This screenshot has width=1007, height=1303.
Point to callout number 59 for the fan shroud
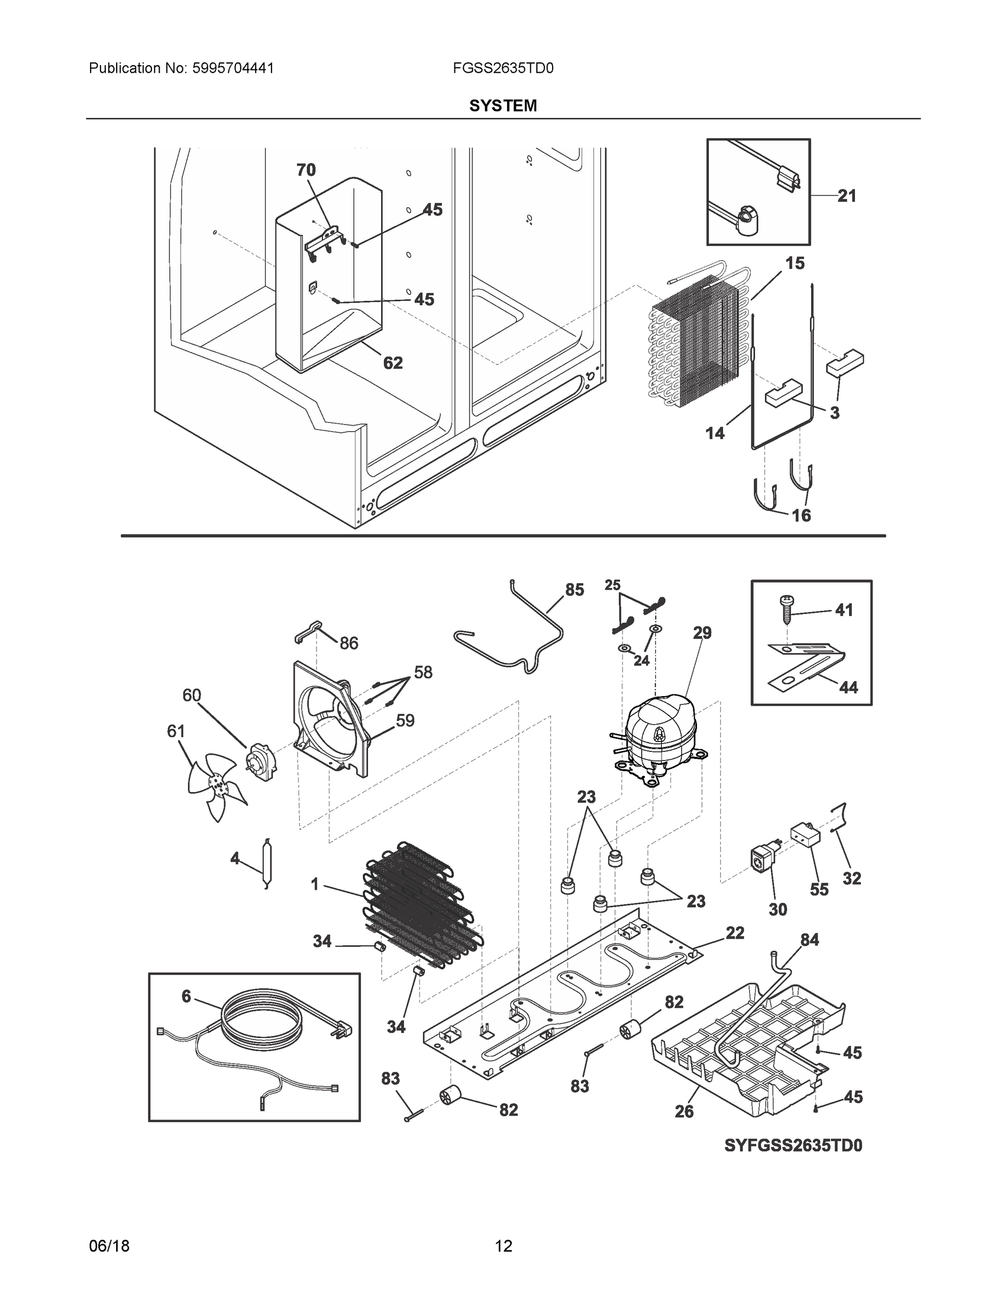(405, 720)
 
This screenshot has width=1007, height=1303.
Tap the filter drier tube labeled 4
(265, 863)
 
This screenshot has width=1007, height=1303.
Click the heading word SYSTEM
(503, 106)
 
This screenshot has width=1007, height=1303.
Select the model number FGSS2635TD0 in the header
(503, 68)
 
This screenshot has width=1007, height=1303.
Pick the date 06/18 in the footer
(109, 1246)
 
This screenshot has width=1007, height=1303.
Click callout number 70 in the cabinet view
(306, 170)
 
